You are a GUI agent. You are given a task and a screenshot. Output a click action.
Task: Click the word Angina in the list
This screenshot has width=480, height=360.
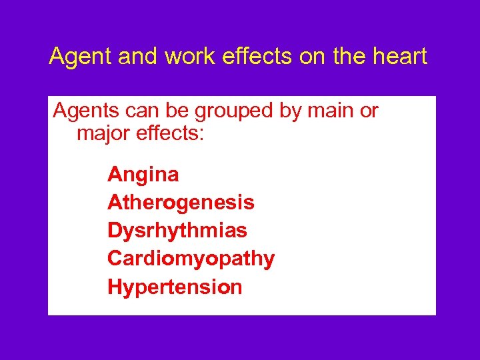[x=143, y=175]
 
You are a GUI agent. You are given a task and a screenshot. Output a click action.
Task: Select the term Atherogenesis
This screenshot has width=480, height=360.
[x=181, y=202]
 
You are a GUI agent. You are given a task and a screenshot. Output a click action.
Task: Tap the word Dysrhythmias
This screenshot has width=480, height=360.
[x=177, y=231]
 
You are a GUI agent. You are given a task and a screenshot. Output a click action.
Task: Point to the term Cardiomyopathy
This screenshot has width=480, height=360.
[x=191, y=259]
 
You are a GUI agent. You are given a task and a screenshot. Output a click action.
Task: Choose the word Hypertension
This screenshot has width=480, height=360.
[x=175, y=287]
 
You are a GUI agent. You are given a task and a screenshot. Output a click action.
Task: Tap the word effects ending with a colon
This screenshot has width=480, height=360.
[x=172, y=133]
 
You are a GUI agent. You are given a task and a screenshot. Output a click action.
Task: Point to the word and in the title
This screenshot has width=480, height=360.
[x=139, y=57]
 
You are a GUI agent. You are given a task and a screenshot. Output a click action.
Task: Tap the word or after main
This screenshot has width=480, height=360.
[x=369, y=111]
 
